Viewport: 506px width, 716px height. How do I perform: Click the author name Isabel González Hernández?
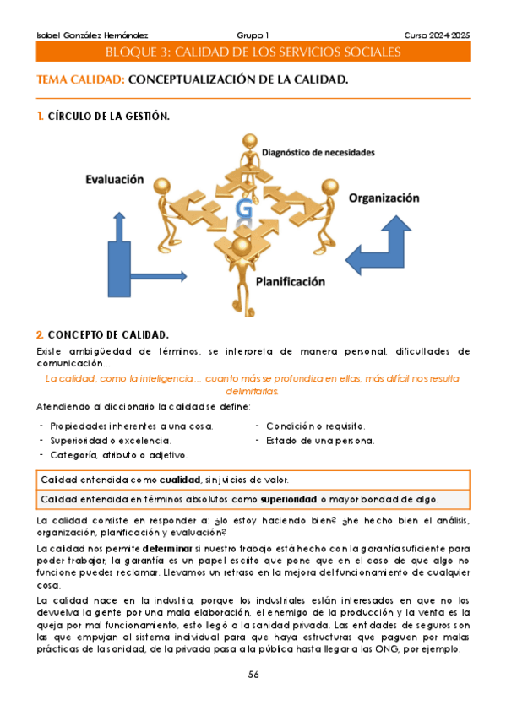point(81,35)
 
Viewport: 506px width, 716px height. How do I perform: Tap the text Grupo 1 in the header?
point(253,35)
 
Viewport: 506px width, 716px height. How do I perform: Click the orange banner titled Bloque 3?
point(253,52)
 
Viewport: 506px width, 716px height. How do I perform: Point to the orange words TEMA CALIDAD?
point(81,80)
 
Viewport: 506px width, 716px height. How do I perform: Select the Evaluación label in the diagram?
point(114,180)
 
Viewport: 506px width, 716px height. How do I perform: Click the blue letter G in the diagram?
point(244,209)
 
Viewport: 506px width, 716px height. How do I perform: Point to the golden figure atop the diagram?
point(249,152)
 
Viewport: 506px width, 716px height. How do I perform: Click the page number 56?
point(253,675)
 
